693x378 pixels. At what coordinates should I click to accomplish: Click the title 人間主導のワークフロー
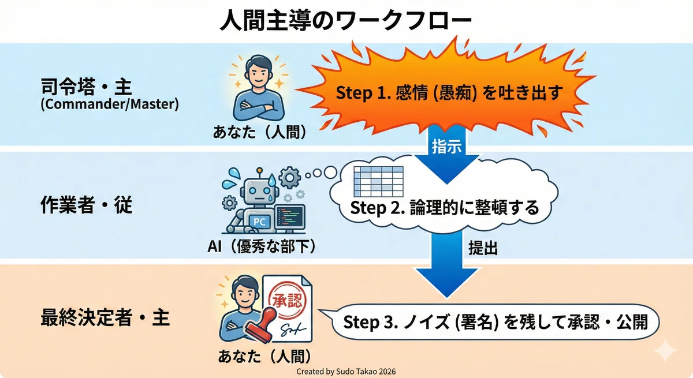click(x=345, y=21)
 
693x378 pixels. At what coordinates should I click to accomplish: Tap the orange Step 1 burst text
click(x=449, y=93)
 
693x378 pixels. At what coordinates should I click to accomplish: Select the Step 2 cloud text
click(x=445, y=207)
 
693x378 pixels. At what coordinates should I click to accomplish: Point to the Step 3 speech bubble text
click(x=495, y=322)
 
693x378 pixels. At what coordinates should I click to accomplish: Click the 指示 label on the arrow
click(x=447, y=146)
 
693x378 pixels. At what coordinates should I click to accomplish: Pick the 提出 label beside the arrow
click(x=483, y=248)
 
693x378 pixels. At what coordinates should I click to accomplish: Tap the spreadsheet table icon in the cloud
click(x=378, y=181)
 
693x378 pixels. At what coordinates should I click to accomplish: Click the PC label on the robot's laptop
click(x=259, y=222)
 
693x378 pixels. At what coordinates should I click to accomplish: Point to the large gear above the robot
click(x=289, y=178)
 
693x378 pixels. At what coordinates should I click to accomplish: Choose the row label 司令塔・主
click(x=86, y=87)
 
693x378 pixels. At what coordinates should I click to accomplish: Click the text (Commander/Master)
click(x=110, y=104)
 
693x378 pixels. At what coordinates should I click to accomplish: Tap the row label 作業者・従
click(x=86, y=205)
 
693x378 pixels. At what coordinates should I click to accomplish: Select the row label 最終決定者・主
click(x=105, y=317)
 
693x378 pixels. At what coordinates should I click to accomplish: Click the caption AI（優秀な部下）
click(x=262, y=246)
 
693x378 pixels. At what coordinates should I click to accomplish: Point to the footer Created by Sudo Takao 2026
click(x=346, y=371)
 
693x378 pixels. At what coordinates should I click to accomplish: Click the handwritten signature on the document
click(x=293, y=330)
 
